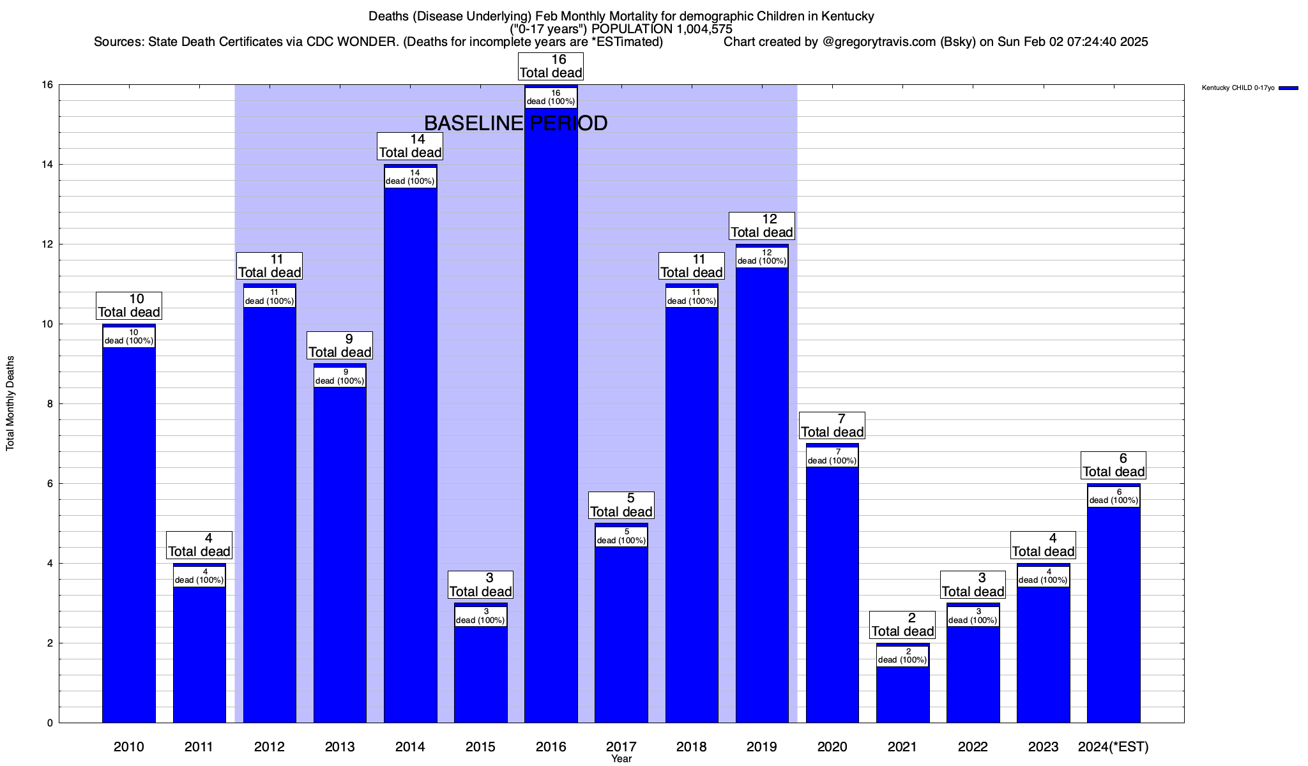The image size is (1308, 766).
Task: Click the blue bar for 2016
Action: tap(551, 415)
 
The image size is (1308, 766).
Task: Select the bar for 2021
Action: tap(902, 696)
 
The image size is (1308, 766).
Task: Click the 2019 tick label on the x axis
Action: tap(762, 746)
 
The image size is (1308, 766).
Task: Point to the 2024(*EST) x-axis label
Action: tap(1113, 746)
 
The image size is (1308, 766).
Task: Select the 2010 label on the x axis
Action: tap(129, 746)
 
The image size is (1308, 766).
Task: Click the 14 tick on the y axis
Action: tap(48, 165)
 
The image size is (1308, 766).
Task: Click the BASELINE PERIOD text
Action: tap(516, 123)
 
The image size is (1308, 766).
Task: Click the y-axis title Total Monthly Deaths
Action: tap(10, 403)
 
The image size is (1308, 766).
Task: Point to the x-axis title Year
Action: tap(621, 759)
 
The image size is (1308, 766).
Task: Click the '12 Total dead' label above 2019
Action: tap(762, 226)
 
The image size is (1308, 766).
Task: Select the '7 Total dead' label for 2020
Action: tap(832, 426)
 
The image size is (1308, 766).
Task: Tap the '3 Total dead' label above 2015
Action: tap(480, 585)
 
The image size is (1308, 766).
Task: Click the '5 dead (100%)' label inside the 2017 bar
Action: tap(621, 536)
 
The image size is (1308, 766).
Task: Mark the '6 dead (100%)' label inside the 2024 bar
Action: tap(1113, 496)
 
